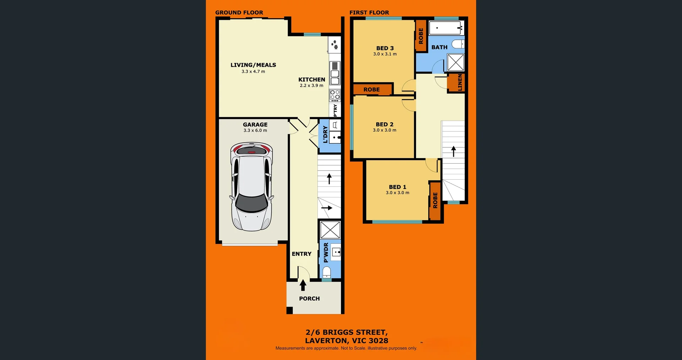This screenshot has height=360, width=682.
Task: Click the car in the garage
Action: (x=251, y=186)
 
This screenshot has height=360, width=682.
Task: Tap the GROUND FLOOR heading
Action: (x=239, y=12)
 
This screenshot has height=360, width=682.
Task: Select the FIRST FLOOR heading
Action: (x=369, y=12)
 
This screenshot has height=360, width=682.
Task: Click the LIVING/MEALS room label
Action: (x=253, y=65)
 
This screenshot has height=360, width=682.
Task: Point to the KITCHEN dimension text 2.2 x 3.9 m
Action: (x=312, y=86)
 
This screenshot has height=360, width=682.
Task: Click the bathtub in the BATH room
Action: (x=446, y=28)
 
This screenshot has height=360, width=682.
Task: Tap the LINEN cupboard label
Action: (x=460, y=82)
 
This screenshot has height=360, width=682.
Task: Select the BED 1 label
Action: (x=397, y=187)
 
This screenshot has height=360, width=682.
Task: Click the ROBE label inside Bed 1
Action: (x=435, y=200)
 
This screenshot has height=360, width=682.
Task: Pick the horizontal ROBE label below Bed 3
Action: (x=372, y=89)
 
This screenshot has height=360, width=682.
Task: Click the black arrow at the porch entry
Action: (x=303, y=285)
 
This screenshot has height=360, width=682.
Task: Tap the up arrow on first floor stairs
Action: (x=454, y=151)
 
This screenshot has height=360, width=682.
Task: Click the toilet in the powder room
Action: (x=326, y=272)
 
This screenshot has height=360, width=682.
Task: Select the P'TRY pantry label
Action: (x=335, y=110)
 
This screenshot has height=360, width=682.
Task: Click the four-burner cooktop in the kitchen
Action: (x=335, y=95)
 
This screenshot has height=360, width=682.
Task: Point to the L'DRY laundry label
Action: (x=325, y=135)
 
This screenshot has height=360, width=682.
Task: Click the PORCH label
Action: (x=309, y=299)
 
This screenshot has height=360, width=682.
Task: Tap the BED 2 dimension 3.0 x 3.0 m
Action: (x=384, y=130)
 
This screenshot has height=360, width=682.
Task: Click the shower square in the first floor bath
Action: (x=456, y=62)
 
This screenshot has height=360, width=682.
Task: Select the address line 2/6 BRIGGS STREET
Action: (x=346, y=332)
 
